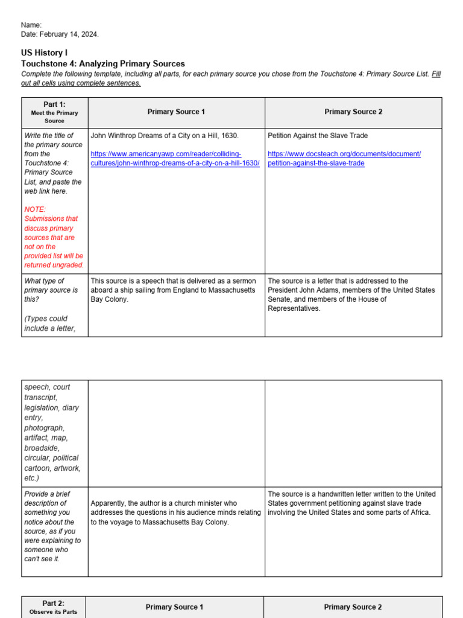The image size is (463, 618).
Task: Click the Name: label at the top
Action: [x=31, y=25]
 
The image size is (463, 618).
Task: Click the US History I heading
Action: [x=45, y=53]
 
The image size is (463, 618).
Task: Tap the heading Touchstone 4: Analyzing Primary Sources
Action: [x=103, y=63]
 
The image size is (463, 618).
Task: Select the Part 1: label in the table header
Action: [x=54, y=104]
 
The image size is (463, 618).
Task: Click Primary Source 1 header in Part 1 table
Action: [x=176, y=112]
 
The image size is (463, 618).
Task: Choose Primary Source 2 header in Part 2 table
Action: [x=353, y=607]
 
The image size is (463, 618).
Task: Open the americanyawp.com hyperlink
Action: [x=175, y=159]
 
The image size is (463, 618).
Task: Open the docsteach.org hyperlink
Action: [x=344, y=159]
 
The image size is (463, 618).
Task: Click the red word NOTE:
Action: [x=35, y=209]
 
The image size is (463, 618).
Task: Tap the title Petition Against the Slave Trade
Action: [x=318, y=136]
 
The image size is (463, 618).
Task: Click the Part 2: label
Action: [x=53, y=604]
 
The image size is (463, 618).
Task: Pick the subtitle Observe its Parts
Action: [x=54, y=613]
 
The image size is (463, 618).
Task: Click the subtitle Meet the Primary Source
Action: [x=54, y=116]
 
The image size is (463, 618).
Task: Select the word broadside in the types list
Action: [x=42, y=448]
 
